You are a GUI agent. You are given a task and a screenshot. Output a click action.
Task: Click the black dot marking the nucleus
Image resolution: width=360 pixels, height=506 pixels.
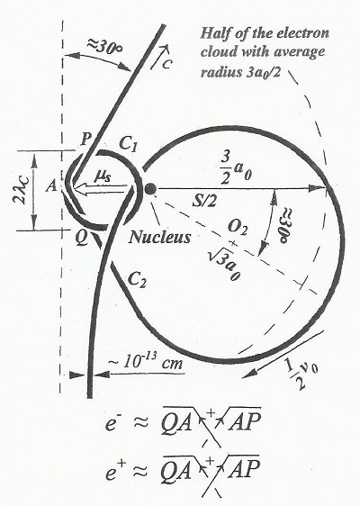coord(150,189)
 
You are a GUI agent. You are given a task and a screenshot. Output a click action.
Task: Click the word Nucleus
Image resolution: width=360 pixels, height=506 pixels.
coord(159,237)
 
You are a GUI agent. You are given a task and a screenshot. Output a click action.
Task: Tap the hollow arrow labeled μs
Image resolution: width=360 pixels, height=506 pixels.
coord(99,189)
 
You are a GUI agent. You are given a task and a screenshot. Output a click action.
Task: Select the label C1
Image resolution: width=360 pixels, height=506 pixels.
coord(129,143)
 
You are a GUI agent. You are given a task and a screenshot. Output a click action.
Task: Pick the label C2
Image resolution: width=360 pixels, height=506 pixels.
coord(138,279)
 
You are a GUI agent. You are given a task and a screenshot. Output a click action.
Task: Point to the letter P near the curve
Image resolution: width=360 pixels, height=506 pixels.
coord(85,140)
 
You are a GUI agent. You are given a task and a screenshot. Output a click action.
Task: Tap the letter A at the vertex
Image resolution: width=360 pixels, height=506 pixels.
coord(51,185)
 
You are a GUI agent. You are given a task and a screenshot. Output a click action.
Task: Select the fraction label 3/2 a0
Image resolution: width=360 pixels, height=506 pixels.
coord(236,167)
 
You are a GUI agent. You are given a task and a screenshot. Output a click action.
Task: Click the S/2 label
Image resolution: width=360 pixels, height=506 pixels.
coord(204,202)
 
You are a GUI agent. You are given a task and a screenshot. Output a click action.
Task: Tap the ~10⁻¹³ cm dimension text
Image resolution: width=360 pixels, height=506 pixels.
coord(145,363)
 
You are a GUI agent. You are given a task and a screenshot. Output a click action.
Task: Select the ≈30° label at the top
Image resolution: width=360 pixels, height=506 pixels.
coord(104,48)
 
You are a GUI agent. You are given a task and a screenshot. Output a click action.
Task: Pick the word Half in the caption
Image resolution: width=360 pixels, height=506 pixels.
coord(214,33)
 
